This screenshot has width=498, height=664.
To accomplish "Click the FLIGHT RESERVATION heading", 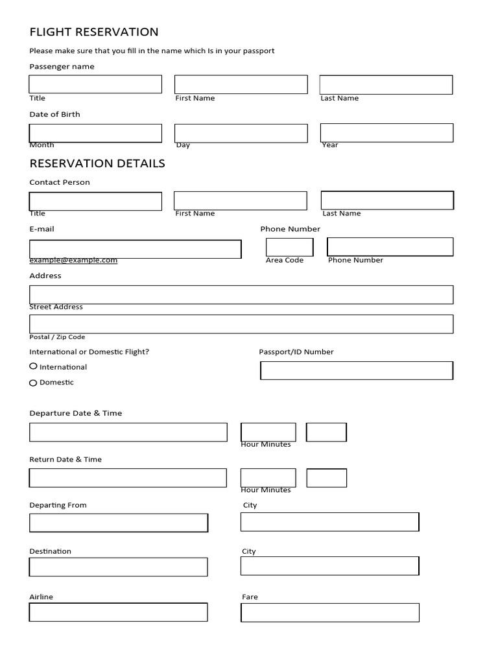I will pos(94,32).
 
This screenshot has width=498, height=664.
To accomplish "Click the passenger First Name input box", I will pos(241,84).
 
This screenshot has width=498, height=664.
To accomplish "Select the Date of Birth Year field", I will pos(386,132).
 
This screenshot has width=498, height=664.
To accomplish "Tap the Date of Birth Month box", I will pos(95,133).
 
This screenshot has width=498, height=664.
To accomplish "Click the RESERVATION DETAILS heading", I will pos(97,163).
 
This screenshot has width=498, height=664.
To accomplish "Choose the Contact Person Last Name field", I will pos(387,200).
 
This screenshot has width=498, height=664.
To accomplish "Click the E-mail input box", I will pos(135,249).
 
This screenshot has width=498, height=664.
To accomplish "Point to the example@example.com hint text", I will pos(73,260).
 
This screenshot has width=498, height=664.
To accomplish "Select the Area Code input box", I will pos(289,247).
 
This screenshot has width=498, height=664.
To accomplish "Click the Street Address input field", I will pos(241,294).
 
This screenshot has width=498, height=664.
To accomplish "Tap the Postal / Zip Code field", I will pos(241,324).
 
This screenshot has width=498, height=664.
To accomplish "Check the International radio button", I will pos(33,366).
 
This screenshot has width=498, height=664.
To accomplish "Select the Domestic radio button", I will pos(33,383).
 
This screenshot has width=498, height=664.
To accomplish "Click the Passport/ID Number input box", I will pos(356,370).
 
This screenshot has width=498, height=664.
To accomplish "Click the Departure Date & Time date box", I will pos(128,432).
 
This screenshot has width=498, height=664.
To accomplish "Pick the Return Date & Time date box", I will pos(128,478).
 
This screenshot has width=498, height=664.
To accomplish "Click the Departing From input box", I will pos(119,523).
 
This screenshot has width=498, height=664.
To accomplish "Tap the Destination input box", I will pos(118,567).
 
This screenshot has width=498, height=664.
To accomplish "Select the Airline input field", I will pos(118,612).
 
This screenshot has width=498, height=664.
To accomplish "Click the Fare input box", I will pos(329,612).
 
